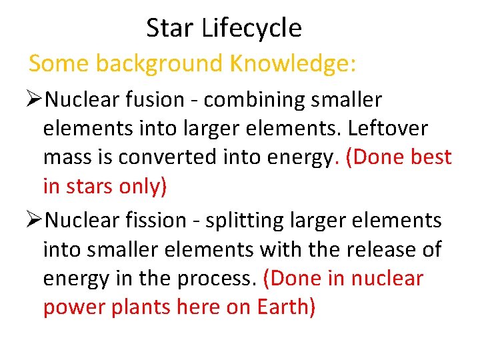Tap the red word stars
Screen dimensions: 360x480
[x=90, y=186]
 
